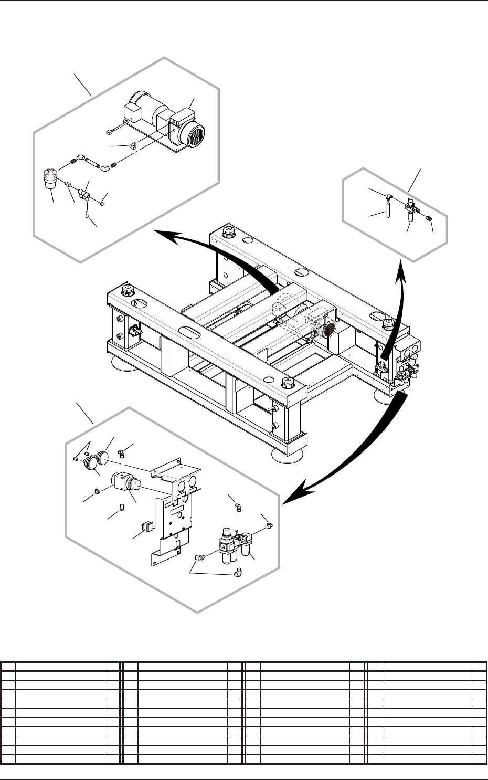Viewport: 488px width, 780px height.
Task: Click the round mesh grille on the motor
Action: (x=192, y=135)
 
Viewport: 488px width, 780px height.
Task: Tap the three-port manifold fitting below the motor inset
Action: (x=83, y=196)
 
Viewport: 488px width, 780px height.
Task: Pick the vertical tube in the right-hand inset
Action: (x=387, y=210)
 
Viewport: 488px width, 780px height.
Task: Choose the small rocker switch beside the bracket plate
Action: (x=146, y=526)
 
